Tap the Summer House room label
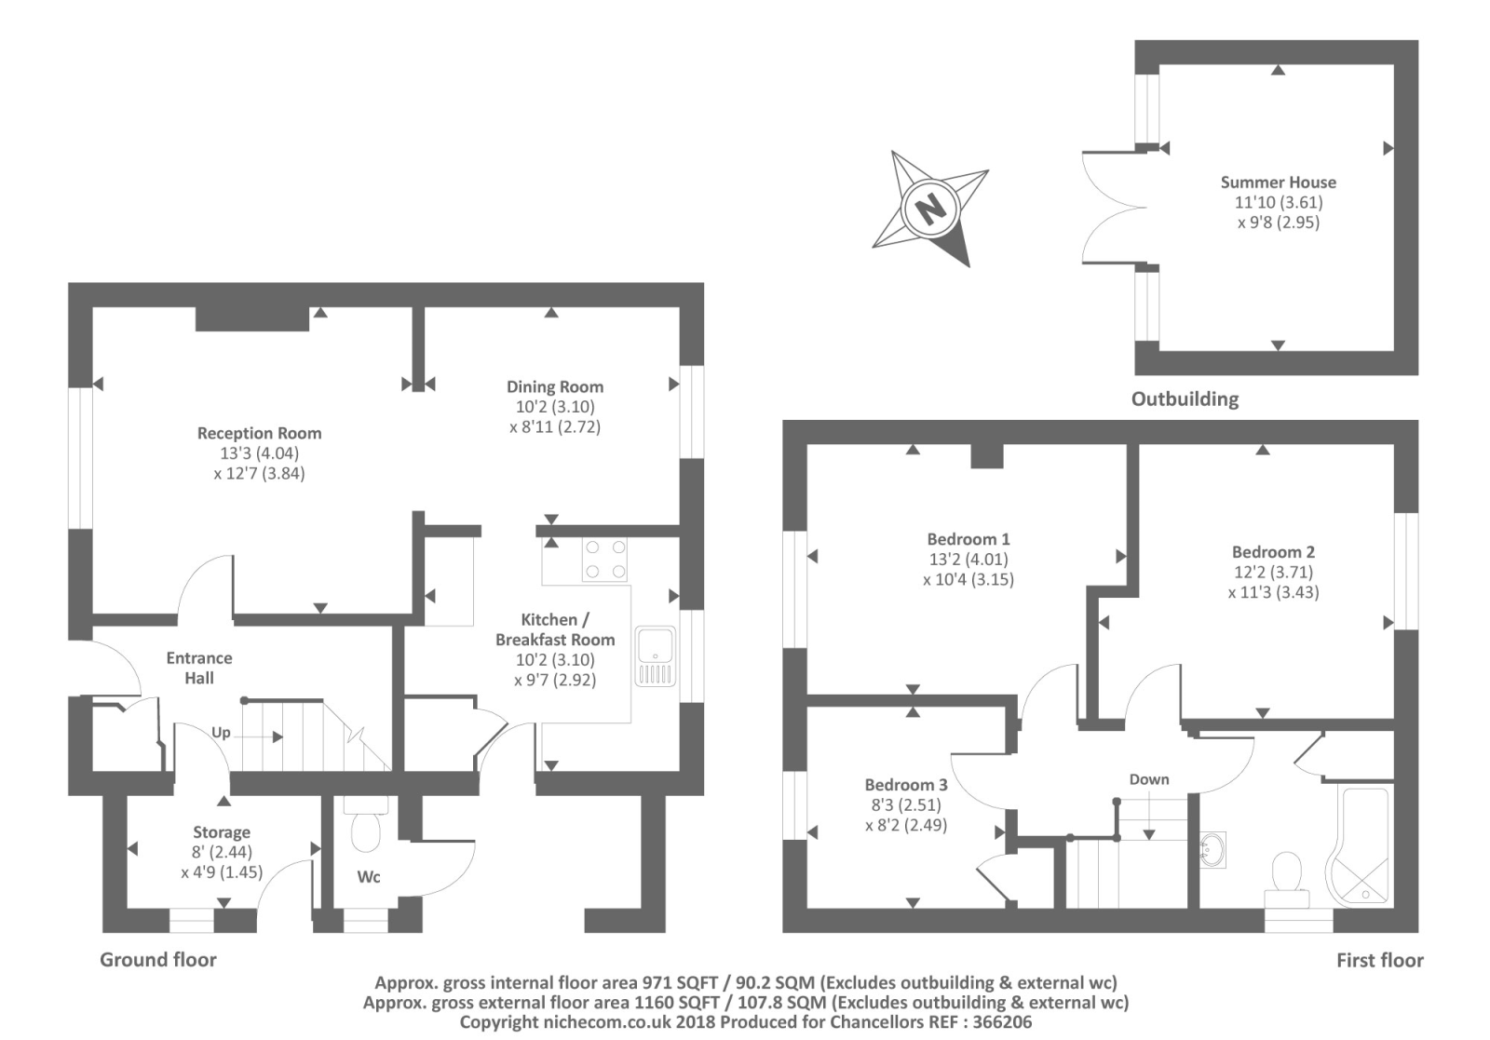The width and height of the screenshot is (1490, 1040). [1278, 182]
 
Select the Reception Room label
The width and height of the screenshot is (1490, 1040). [260, 433]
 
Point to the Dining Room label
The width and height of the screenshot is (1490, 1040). [555, 386]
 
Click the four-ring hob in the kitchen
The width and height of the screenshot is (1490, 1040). [604, 560]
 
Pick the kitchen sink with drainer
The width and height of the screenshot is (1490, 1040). [656, 656]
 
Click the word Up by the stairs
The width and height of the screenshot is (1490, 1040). [221, 733]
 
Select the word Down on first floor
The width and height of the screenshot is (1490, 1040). [1149, 779]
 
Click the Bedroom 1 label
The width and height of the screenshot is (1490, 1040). [968, 538]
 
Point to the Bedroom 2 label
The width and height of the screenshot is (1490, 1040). [1273, 552]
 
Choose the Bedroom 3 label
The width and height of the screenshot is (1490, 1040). [906, 785]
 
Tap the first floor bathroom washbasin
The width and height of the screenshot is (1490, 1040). [1212, 849]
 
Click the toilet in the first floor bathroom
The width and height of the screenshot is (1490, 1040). [1287, 879]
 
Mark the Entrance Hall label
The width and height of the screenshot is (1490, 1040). [199, 668]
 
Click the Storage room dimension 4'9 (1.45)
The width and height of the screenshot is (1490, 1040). [223, 871]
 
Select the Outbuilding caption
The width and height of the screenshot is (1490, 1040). [1185, 399]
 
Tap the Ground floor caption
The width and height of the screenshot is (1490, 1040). [158, 960]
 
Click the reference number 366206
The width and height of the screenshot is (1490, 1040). [1002, 1022]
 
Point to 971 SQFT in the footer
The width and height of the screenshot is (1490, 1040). [680, 983]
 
